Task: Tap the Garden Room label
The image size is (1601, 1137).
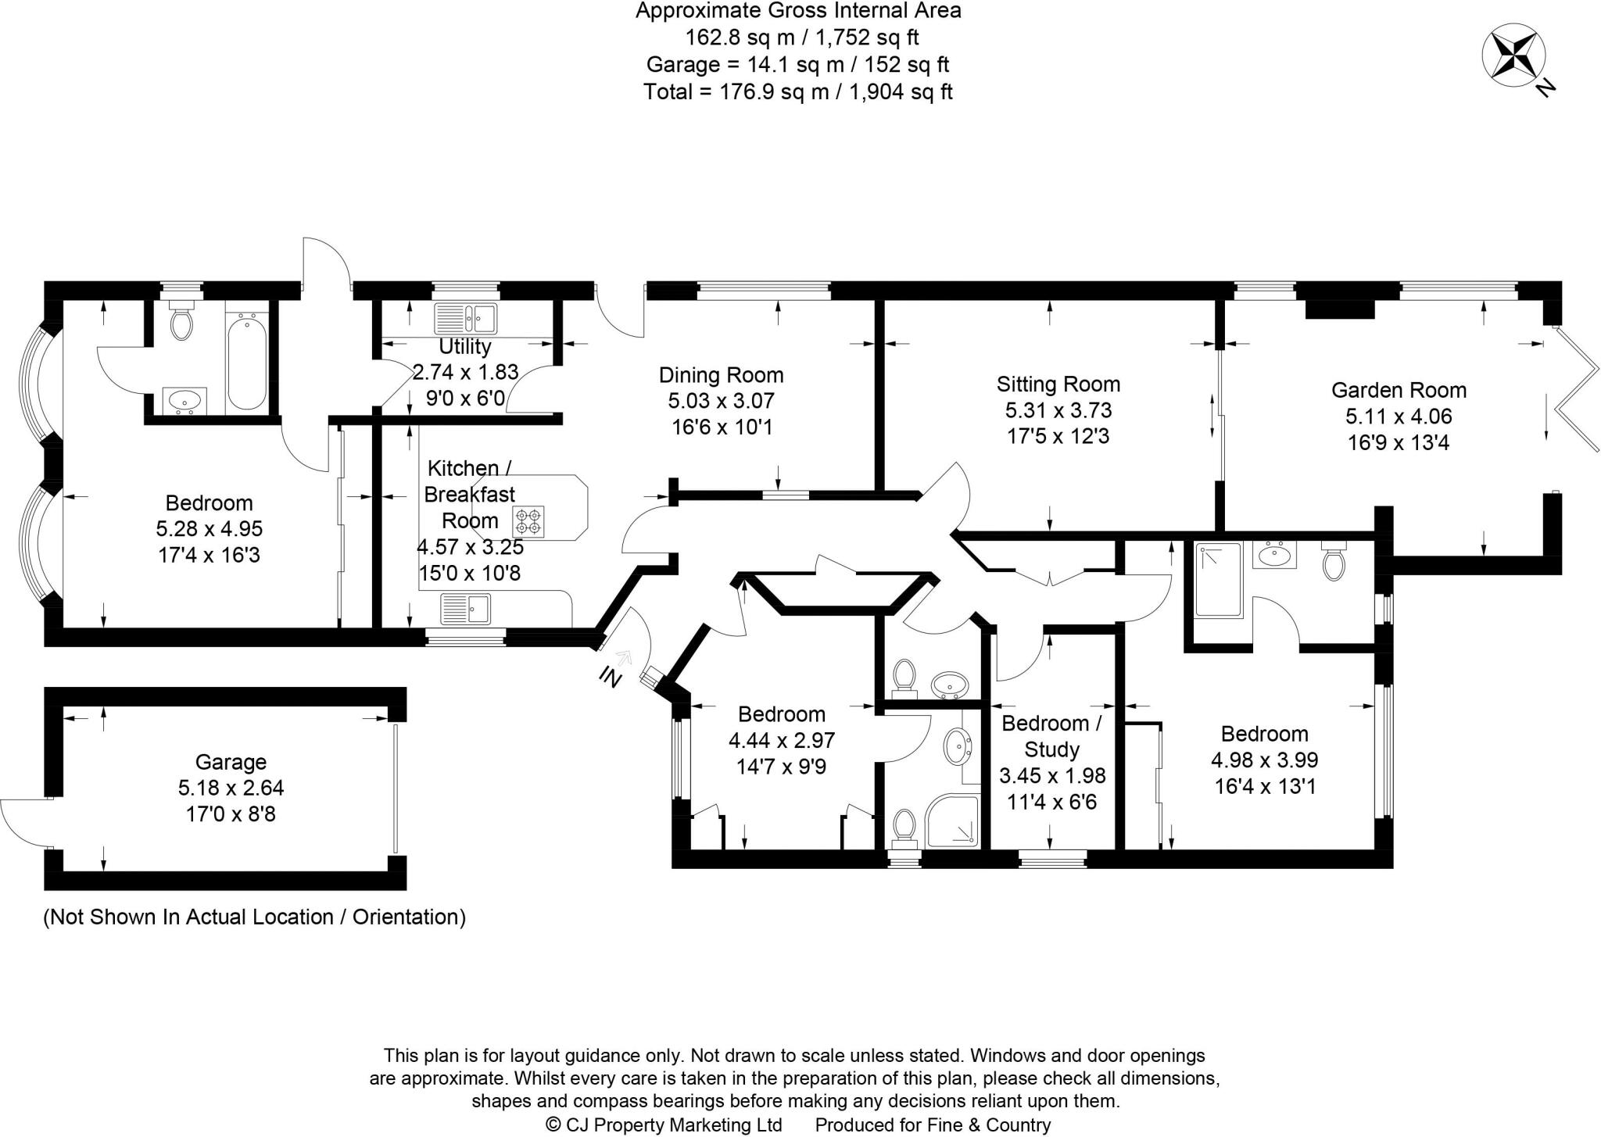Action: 1399,390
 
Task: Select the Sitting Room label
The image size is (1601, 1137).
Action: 1058,384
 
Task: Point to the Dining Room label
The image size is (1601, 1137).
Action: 721,375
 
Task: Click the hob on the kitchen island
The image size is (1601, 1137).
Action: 528,521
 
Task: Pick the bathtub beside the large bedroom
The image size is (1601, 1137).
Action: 247,362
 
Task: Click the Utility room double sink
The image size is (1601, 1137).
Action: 466,317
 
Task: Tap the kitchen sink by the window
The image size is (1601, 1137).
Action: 465,608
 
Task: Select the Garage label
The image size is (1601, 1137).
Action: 231,762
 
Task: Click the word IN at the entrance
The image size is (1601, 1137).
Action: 610,677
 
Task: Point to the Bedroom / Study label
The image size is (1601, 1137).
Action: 1051,736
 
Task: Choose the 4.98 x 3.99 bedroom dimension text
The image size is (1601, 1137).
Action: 1265,760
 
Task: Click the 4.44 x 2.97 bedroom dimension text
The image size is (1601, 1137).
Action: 782,740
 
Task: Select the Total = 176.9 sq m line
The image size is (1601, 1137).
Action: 798,91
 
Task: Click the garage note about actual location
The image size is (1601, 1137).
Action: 255,917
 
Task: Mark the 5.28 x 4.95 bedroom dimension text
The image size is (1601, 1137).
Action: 210,529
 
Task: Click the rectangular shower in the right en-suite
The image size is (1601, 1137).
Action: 1218,581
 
